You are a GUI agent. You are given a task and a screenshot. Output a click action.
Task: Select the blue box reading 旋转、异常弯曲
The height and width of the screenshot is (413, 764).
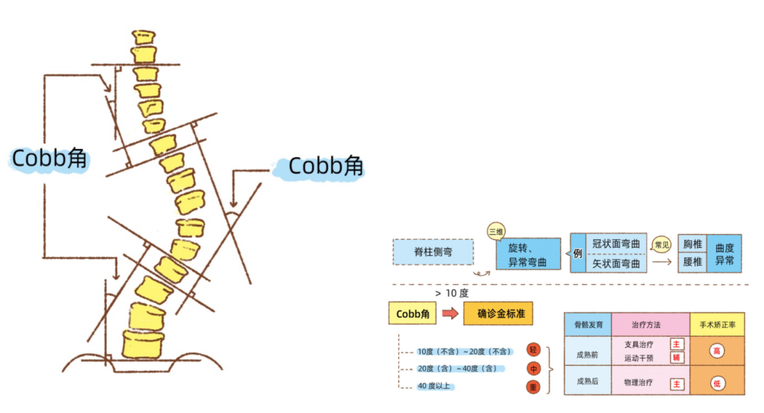528,254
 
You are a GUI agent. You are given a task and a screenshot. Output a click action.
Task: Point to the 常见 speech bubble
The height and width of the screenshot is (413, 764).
661,245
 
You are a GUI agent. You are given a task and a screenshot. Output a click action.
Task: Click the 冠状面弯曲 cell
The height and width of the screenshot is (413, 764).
615,244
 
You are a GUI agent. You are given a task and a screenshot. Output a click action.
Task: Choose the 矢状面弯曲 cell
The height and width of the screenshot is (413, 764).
615,264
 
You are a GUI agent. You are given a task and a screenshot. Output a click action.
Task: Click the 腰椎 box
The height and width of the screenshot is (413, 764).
692,262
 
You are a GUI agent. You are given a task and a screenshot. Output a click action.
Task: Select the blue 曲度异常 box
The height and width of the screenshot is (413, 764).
724,254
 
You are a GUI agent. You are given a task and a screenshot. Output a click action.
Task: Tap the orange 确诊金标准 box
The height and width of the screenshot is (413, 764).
498,313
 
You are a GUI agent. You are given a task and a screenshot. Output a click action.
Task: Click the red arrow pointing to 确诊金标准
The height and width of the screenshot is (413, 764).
450,313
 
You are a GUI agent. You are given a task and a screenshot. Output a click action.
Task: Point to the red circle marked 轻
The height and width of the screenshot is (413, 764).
533,350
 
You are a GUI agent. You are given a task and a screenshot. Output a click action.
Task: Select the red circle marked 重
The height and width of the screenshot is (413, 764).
533,387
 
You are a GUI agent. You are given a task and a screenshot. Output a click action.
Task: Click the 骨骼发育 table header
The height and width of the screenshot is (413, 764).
588,325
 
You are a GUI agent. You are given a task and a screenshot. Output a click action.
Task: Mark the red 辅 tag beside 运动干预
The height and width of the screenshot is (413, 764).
677,358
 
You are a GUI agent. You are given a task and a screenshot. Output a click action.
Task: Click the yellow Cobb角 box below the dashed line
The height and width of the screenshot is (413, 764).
412,313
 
